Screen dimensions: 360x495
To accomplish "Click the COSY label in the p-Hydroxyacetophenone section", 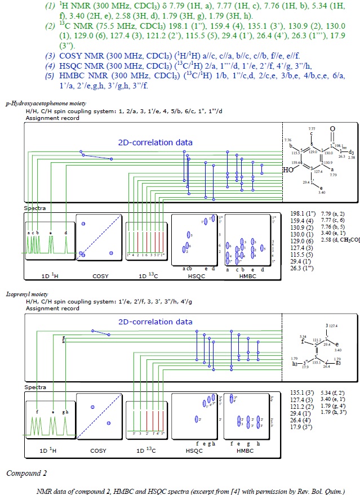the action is pyautogui.click(x=99, y=276).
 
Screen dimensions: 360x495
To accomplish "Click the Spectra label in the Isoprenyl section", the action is pyautogui.click(x=33, y=388).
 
